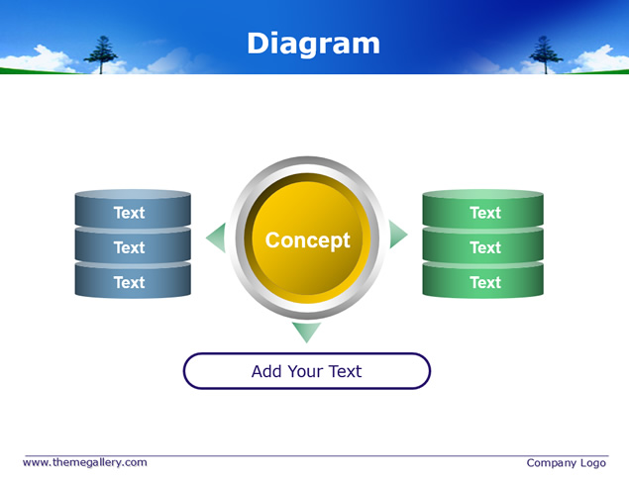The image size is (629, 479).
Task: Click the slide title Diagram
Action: click(x=313, y=44)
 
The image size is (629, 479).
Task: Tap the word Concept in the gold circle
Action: click(x=308, y=240)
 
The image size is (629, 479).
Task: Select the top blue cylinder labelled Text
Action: click(x=133, y=209)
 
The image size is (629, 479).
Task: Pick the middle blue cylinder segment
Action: click(x=133, y=244)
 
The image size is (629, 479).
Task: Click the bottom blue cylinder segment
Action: click(x=133, y=280)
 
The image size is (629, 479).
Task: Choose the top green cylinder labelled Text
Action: click(x=483, y=209)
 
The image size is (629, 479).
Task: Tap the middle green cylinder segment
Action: click(x=483, y=244)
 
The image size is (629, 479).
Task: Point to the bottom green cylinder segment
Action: click(x=483, y=280)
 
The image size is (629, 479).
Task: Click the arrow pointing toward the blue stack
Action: click(x=217, y=238)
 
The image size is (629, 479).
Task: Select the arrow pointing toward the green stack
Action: click(x=397, y=235)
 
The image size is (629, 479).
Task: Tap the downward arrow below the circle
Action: click(x=306, y=332)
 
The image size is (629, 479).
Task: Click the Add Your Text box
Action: click(x=307, y=371)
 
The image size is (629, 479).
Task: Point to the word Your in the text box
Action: click(x=305, y=371)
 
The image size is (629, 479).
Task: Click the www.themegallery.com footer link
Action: click(x=85, y=462)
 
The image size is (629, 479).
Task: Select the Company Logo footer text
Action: click(x=566, y=463)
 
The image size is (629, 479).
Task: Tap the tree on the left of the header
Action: click(x=101, y=54)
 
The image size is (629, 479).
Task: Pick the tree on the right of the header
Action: click(x=546, y=54)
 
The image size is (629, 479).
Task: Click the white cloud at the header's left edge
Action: click(x=38, y=59)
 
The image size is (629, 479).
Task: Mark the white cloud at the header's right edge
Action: click(x=599, y=59)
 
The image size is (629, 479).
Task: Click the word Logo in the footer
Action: click(x=593, y=463)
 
